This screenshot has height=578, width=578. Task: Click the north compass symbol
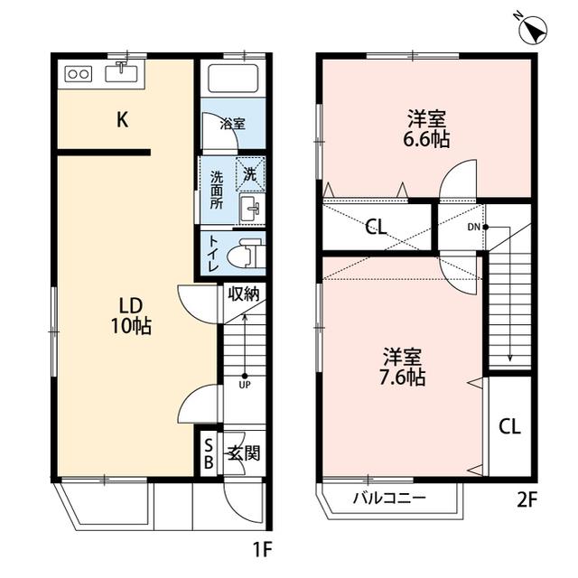(x=533, y=30)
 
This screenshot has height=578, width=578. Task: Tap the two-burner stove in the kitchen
(x=79, y=74)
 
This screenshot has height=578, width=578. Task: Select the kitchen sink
(x=121, y=72)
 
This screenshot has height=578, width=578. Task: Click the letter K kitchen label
(x=123, y=120)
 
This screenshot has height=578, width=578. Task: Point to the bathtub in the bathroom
(x=233, y=79)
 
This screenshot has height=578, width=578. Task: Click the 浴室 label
(x=233, y=124)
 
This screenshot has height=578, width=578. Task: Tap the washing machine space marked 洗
(x=250, y=174)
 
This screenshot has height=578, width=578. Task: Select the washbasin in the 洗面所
(x=252, y=208)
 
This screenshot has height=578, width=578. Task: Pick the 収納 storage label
(x=244, y=294)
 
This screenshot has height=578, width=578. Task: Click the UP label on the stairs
(x=245, y=385)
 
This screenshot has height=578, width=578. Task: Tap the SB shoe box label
(x=209, y=454)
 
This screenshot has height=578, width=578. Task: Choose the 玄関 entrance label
(x=244, y=453)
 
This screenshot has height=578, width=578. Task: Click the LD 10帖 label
(x=131, y=316)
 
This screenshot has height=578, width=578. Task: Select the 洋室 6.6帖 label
(x=426, y=129)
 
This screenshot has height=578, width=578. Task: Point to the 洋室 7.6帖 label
(x=403, y=367)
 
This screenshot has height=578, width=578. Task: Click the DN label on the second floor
(x=473, y=227)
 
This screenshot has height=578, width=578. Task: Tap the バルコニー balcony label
(x=389, y=499)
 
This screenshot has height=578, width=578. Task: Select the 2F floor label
(x=527, y=500)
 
